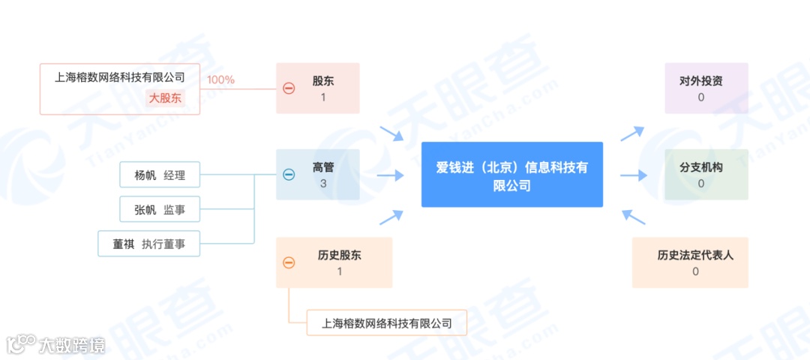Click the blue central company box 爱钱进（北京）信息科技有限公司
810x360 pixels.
(511, 175)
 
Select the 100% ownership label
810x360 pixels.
(221, 79)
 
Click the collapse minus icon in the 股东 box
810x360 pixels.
(289, 88)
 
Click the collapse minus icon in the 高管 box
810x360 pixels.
(289, 175)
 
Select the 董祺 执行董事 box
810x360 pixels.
(149, 244)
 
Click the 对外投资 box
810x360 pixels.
(706, 88)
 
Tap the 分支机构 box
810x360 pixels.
(706, 175)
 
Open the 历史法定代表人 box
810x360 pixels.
(690, 262)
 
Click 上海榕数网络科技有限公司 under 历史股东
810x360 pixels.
(387, 324)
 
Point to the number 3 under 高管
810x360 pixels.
(323, 183)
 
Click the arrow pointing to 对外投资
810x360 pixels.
(631, 133)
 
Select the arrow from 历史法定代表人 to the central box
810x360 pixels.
(633, 217)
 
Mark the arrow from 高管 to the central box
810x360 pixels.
(390, 175)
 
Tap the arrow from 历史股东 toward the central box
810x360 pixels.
(391, 217)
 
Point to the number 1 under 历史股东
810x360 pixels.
(339, 271)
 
